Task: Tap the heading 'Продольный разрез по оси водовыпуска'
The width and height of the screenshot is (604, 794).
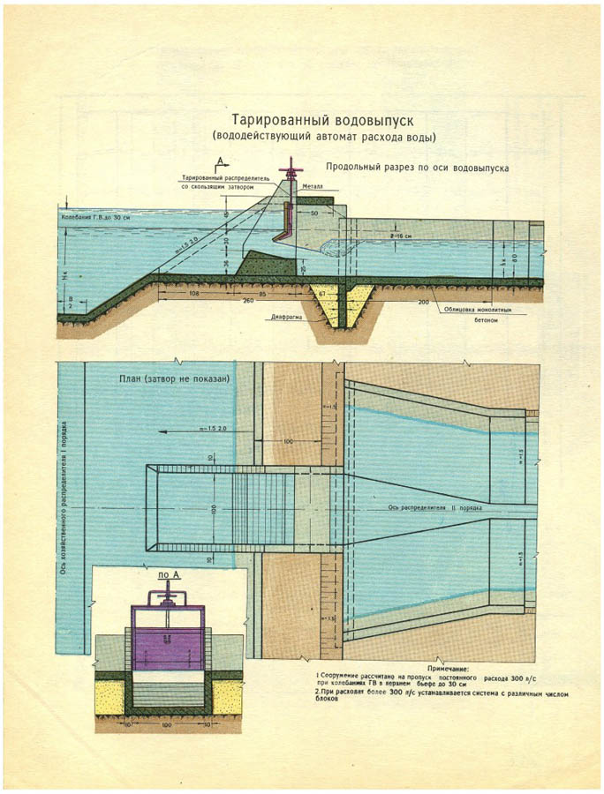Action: coord(415,167)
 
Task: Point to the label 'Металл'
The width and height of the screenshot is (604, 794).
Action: coord(313,187)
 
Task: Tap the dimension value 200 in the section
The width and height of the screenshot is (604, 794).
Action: coord(424,302)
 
